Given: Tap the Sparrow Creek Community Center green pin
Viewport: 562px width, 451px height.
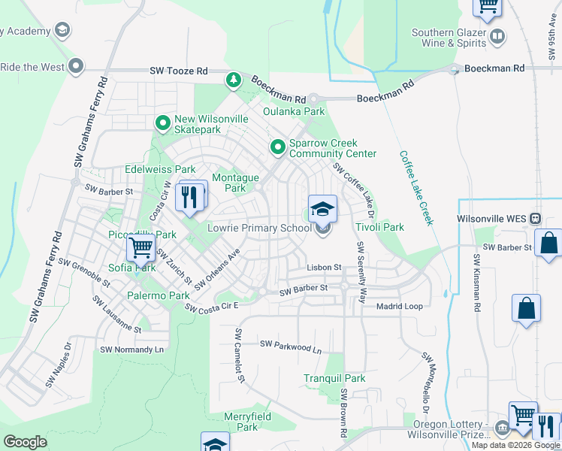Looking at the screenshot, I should pyautogui.click(x=277, y=147).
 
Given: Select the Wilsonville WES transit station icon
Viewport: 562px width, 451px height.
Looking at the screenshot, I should pyautogui.click(x=535, y=219).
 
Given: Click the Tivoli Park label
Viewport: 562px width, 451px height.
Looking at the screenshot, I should pyautogui.click(x=379, y=227).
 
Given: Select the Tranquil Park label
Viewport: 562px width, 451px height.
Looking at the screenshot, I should pyautogui.click(x=334, y=378).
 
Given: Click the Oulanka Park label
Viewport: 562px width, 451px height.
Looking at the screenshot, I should pyautogui.click(x=294, y=112).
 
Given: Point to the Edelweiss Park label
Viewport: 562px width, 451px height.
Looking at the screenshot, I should pyautogui.click(x=160, y=169).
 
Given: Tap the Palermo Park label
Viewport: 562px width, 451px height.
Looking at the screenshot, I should pyautogui.click(x=158, y=295).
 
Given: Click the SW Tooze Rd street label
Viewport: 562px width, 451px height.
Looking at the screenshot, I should pyautogui.click(x=179, y=71).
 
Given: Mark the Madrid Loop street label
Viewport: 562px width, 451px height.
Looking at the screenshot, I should pyautogui.click(x=400, y=306).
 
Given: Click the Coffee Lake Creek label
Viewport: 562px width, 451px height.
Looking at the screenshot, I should pyautogui.click(x=417, y=188).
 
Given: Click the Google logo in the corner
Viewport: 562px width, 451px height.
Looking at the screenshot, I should pyautogui.click(x=25, y=442).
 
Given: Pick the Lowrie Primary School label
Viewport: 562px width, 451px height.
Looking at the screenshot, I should pyautogui.click(x=258, y=228).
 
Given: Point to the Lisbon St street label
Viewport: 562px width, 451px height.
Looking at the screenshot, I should pyautogui.click(x=324, y=267).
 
